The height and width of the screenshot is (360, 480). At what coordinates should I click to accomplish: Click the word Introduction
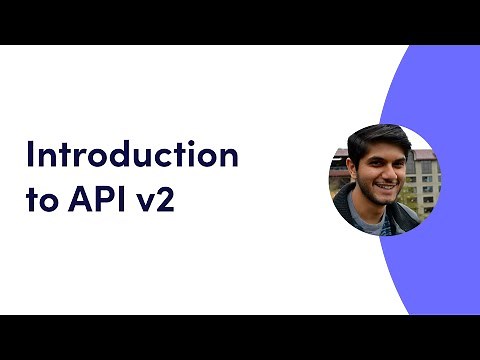[x=132, y=156]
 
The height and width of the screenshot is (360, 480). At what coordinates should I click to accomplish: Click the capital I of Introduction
[x=29, y=156]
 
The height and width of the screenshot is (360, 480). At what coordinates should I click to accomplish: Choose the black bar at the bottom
[x=240, y=337]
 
